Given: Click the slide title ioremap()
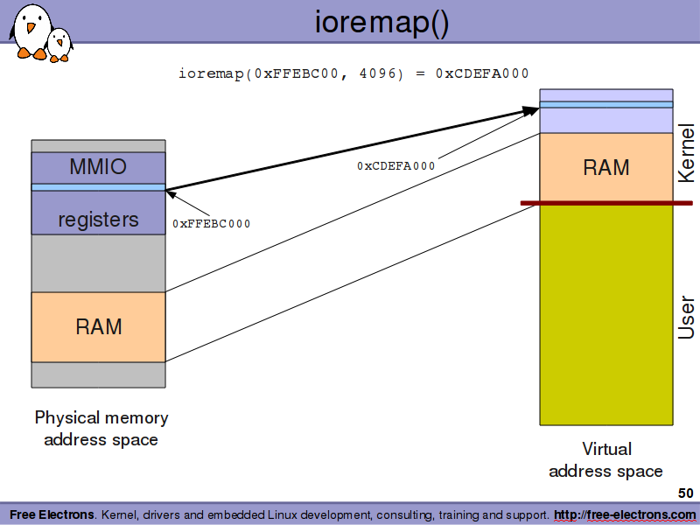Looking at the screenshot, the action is pos(381,23).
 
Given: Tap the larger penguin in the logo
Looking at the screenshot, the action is pos(30,31).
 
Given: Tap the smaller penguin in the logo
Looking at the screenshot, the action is pos(59,45).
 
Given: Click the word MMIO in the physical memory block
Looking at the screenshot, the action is pos(98,166).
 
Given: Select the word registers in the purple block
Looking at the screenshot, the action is pos(98,220).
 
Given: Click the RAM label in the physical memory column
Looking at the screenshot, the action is pos(99,326).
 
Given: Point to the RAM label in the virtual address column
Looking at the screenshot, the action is pos(606,167).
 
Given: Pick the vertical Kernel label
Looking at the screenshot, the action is pos(686,153).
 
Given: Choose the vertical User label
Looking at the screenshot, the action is pos(686,317).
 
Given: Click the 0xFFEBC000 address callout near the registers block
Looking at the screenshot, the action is pos(212,224).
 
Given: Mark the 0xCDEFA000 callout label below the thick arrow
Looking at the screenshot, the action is pos(396,166).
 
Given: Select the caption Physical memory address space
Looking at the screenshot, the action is pos(101,429).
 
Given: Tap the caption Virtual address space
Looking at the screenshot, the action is pos(605,460).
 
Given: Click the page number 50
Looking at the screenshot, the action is pos(686,493).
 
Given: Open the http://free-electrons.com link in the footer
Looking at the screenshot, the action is pos(625,514).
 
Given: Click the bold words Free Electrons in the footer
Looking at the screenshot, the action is pos(52,514).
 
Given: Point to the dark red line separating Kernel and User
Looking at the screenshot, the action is pos(606,203).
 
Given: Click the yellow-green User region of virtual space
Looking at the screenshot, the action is pos(606,315).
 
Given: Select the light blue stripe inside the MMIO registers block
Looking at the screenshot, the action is pos(98,187).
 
